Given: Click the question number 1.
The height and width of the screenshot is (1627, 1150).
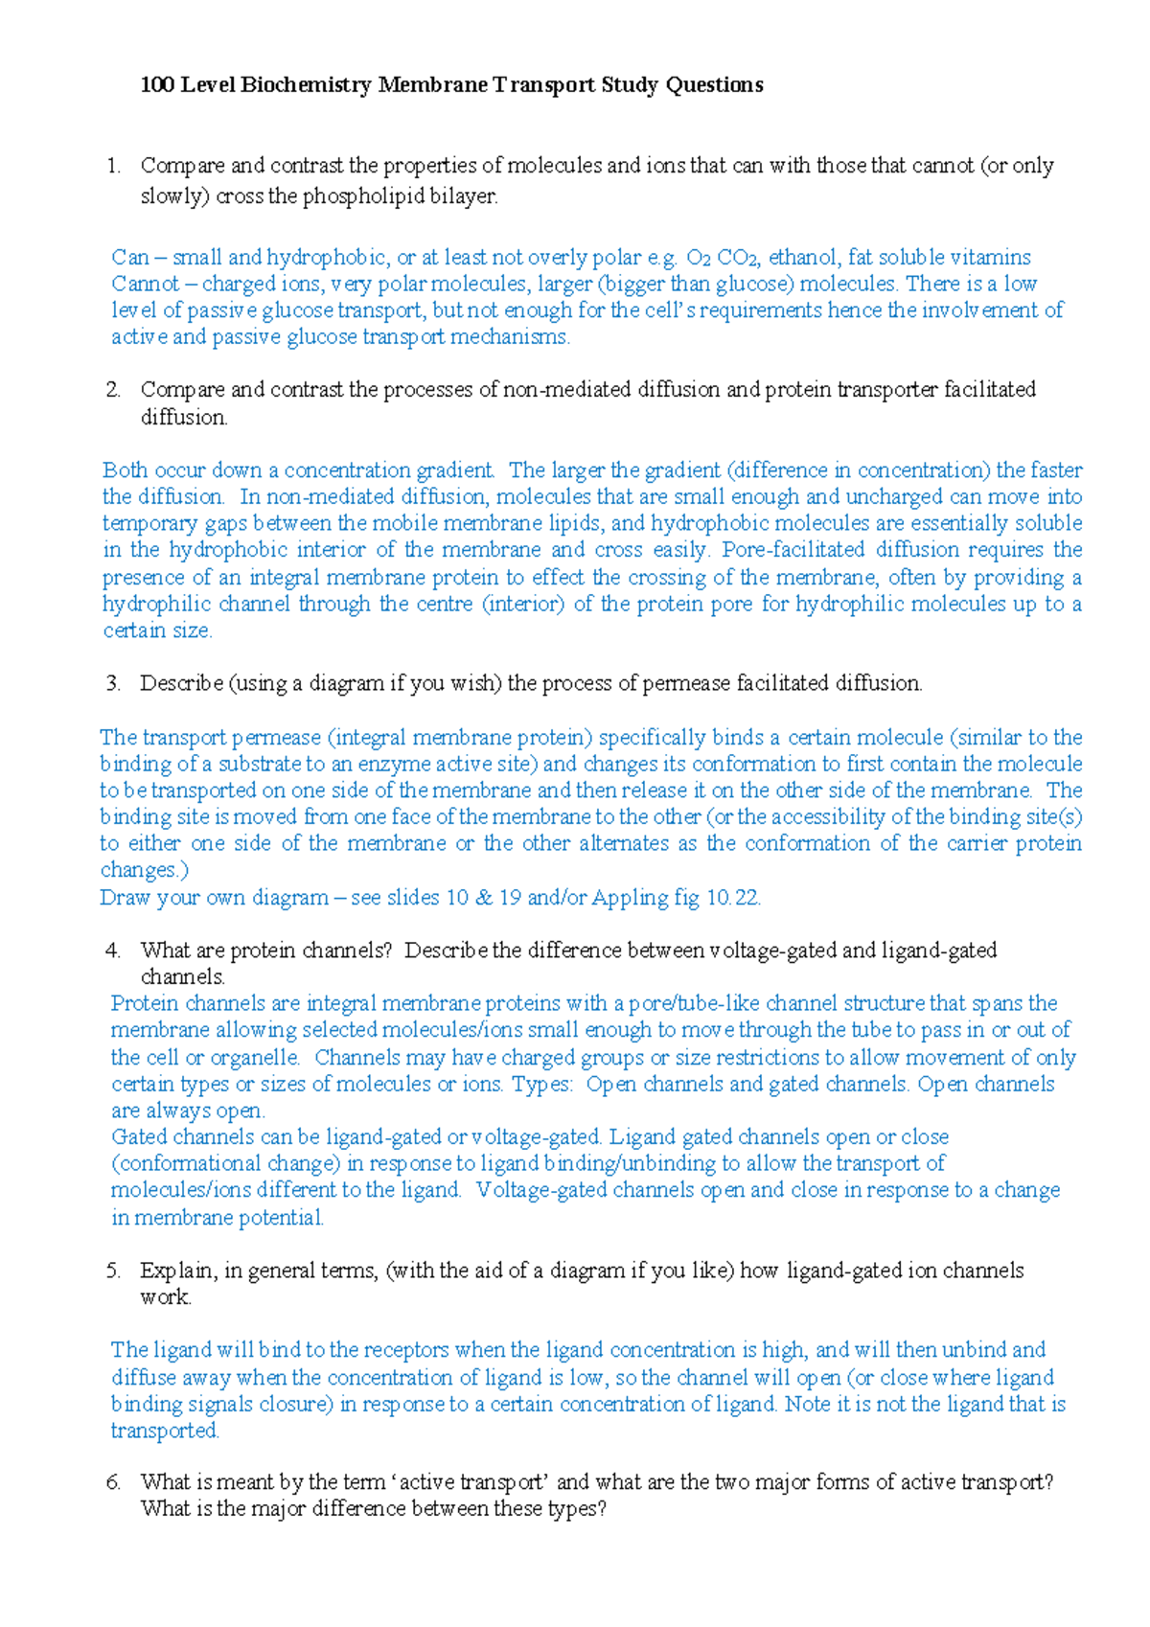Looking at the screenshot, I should pos(114,166).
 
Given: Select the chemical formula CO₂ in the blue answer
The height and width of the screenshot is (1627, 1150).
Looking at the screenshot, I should pos(738,258).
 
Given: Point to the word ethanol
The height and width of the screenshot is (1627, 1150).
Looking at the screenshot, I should pos(803,257).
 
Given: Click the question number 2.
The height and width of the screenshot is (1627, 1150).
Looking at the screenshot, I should pos(114,390).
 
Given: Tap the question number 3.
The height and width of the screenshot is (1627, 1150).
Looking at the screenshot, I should pos(114,683).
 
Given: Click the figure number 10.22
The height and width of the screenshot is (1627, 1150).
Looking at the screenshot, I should pos(732,898).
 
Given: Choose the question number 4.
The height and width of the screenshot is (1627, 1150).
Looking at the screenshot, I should pos(114,951).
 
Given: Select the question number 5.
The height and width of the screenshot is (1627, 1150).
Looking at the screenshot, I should pos(114,1271).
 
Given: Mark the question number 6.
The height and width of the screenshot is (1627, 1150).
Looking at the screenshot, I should pos(114,1482).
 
